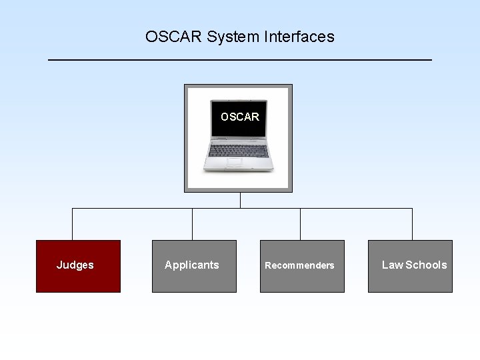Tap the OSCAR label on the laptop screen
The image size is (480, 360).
click(239, 117)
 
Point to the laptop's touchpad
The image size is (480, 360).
click(235, 162)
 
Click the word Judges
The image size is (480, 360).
click(75, 265)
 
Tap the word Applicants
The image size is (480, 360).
click(191, 265)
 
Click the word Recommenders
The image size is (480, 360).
click(299, 265)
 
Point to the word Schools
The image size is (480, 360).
click(426, 265)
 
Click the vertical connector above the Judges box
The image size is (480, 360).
click(72, 224)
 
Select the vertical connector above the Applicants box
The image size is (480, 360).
click(192, 224)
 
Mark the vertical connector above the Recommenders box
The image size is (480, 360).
click(300, 224)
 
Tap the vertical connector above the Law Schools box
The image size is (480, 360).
click(412, 224)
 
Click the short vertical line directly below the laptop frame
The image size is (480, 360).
click(240, 200)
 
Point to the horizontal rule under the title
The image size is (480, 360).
click(240, 61)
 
